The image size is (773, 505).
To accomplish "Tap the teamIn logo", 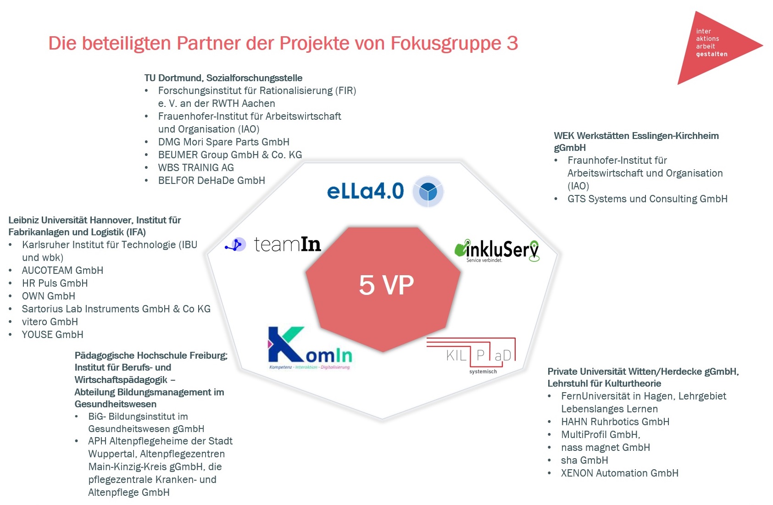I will [274, 244].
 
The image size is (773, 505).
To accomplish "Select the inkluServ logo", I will [497, 250].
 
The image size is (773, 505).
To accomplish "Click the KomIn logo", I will [310, 348].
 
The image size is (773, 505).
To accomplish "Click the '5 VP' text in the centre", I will [386, 285].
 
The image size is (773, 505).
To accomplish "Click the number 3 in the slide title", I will [512, 44].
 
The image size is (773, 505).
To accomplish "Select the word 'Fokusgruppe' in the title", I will [445, 44].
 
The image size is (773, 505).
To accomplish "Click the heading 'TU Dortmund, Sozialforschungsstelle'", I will [223, 78].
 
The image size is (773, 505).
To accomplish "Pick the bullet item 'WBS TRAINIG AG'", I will [196, 168].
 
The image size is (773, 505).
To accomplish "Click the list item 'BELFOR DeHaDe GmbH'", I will [211, 181].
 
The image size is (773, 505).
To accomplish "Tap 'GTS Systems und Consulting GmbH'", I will [647, 199].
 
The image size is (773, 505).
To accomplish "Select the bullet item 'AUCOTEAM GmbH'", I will [62, 271].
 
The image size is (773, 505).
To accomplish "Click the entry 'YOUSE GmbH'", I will [52, 335].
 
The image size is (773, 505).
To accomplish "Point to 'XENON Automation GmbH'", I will [619, 473].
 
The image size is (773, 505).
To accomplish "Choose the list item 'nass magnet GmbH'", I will [605, 448].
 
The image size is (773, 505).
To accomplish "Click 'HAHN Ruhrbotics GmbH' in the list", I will [615, 422].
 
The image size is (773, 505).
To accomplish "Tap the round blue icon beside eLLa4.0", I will [428, 192].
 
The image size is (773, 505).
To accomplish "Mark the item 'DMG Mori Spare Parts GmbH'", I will [223, 142].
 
